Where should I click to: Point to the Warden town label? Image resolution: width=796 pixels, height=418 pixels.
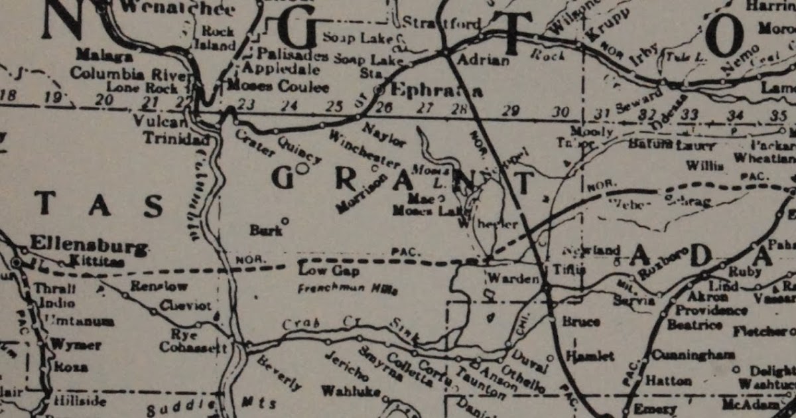click(x=513, y=279)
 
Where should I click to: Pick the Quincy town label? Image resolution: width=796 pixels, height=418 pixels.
click(x=300, y=149)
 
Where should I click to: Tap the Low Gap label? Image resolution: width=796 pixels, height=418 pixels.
click(x=320, y=271)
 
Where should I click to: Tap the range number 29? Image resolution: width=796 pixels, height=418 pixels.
click(x=509, y=111)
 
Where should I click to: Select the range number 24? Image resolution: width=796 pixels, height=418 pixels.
click(x=289, y=105)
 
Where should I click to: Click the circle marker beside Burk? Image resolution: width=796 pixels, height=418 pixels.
click(x=285, y=220)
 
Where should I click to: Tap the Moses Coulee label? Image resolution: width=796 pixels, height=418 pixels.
click(x=277, y=87)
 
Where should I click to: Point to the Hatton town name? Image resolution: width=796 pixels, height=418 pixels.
click(x=668, y=382)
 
